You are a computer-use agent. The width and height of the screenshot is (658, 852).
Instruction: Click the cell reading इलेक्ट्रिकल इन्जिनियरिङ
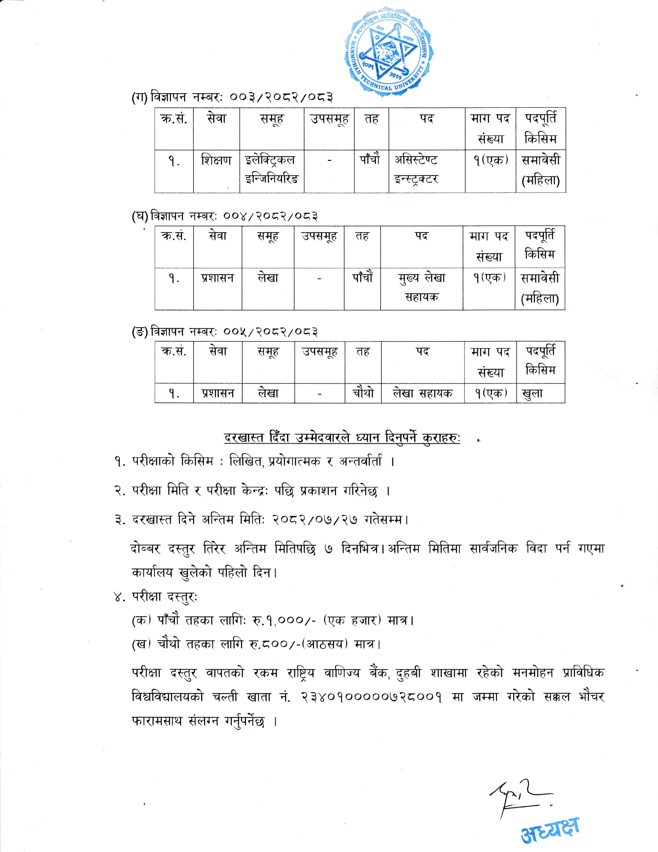[x=272, y=169]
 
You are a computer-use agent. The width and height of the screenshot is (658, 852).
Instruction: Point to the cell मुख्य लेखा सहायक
[x=421, y=288]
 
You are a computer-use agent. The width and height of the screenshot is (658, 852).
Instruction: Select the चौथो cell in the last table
[x=363, y=393]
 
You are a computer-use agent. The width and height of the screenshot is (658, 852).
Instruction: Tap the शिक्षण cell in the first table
[x=216, y=160]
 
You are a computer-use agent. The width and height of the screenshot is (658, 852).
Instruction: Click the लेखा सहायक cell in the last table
[x=423, y=393]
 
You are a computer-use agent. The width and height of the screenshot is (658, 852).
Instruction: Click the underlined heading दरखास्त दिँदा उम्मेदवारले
[x=342, y=438]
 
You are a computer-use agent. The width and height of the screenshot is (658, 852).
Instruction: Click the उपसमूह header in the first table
[x=329, y=119]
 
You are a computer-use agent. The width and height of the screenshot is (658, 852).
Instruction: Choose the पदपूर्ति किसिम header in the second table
[x=540, y=245]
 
